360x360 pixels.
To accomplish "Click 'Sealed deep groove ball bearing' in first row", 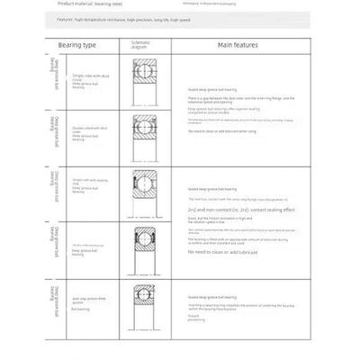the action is tap(212, 91).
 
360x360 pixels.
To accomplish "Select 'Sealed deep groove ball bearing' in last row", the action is tap(212, 295).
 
